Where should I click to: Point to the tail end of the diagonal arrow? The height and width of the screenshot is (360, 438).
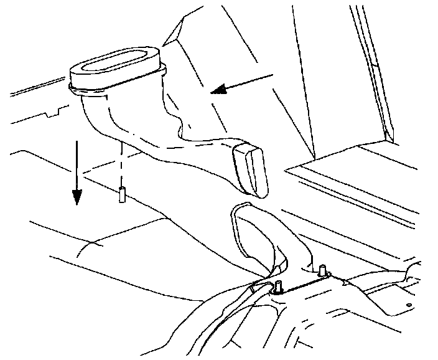(271, 75)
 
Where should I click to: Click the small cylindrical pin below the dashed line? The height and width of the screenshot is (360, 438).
(122, 194)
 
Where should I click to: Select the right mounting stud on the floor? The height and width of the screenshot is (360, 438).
(322, 271)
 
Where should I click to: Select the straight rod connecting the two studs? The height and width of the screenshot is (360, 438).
(301, 280)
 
